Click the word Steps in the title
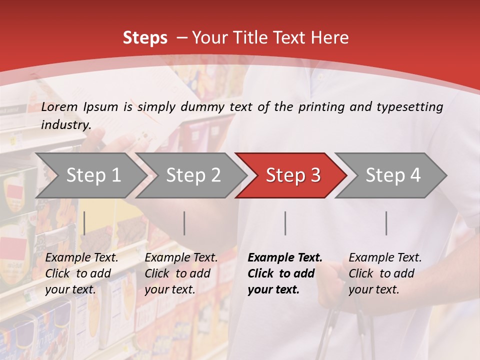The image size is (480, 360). tap(145, 38)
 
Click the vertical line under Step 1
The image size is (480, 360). tap(84, 223)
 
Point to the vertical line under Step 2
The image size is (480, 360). tap(184, 223)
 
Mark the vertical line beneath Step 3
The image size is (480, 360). tap(285, 223)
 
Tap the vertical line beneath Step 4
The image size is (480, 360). tap(386, 223)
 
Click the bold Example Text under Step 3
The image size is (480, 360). tap(284, 273)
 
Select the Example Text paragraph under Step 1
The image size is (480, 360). tap(81, 273)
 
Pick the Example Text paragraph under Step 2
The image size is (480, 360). tap(181, 273)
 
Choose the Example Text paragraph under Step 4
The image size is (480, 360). tap(385, 273)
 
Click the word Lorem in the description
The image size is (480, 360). tap(59, 107)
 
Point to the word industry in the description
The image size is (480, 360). tap(66, 125)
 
